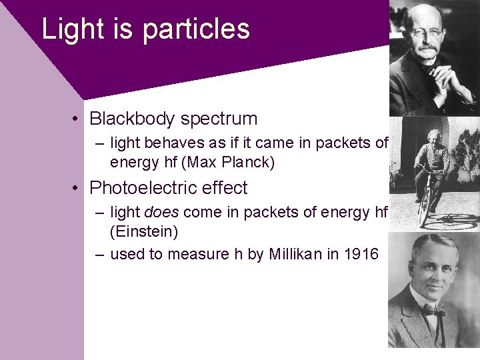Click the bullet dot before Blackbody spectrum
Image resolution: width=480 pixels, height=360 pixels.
click(78, 119)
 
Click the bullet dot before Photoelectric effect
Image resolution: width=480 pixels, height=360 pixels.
click(78, 189)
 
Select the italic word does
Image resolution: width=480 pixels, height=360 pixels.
click(161, 212)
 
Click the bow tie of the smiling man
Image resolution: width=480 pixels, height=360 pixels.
click(432, 311)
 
